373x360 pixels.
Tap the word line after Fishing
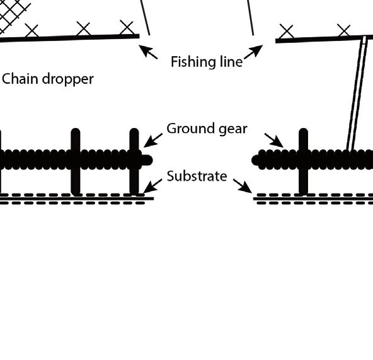(230, 61)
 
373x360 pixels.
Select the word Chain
(20, 79)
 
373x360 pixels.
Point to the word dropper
(68, 80)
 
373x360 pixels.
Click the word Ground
(190, 129)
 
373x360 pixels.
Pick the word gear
(233, 130)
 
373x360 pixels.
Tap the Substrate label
(197, 176)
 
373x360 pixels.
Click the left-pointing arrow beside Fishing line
(148, 52)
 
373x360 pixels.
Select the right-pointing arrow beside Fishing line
(253, 52)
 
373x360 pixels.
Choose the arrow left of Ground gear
(153, 141)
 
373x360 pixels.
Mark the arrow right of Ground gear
(274, 141)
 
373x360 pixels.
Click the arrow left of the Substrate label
(152, 186)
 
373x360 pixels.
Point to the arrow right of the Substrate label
(243, 186)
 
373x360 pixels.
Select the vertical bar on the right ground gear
(303, 161)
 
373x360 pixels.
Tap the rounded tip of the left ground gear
(147, 160)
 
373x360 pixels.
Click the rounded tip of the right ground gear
(256, 160)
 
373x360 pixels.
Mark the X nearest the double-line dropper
(344, 30)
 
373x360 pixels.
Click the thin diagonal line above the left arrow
(145, 18)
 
